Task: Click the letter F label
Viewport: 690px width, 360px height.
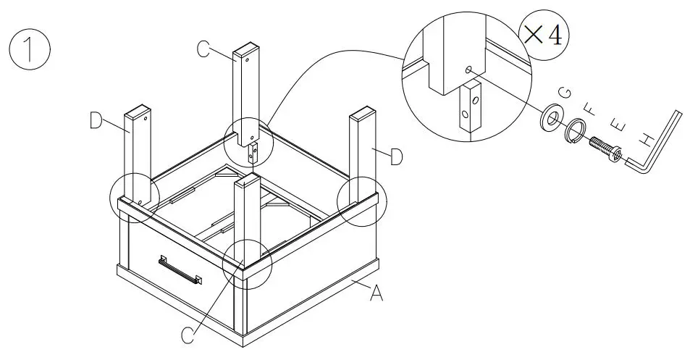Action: coord(590,111)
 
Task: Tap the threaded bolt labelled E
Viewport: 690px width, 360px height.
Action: coord(607,148)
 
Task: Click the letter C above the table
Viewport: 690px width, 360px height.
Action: coord(204,49)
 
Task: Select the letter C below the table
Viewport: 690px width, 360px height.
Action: coord(186,334)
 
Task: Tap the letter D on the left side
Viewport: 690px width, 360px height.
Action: coord(96,122)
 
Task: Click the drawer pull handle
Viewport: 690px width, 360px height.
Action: coord(180,270)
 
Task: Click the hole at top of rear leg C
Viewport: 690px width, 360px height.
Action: coord(248,61)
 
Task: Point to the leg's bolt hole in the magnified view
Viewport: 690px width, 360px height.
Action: coord(468,70)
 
